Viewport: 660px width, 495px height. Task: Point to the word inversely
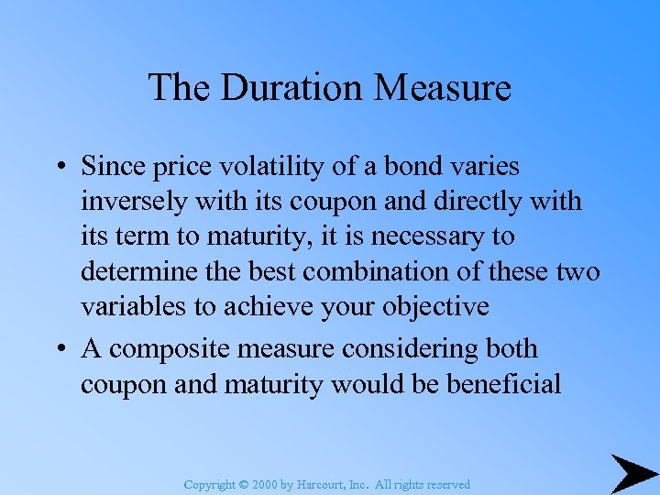135,201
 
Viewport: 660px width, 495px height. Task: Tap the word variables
135,306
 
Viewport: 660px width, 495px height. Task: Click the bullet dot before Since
59,167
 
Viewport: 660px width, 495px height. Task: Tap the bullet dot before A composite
59,349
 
